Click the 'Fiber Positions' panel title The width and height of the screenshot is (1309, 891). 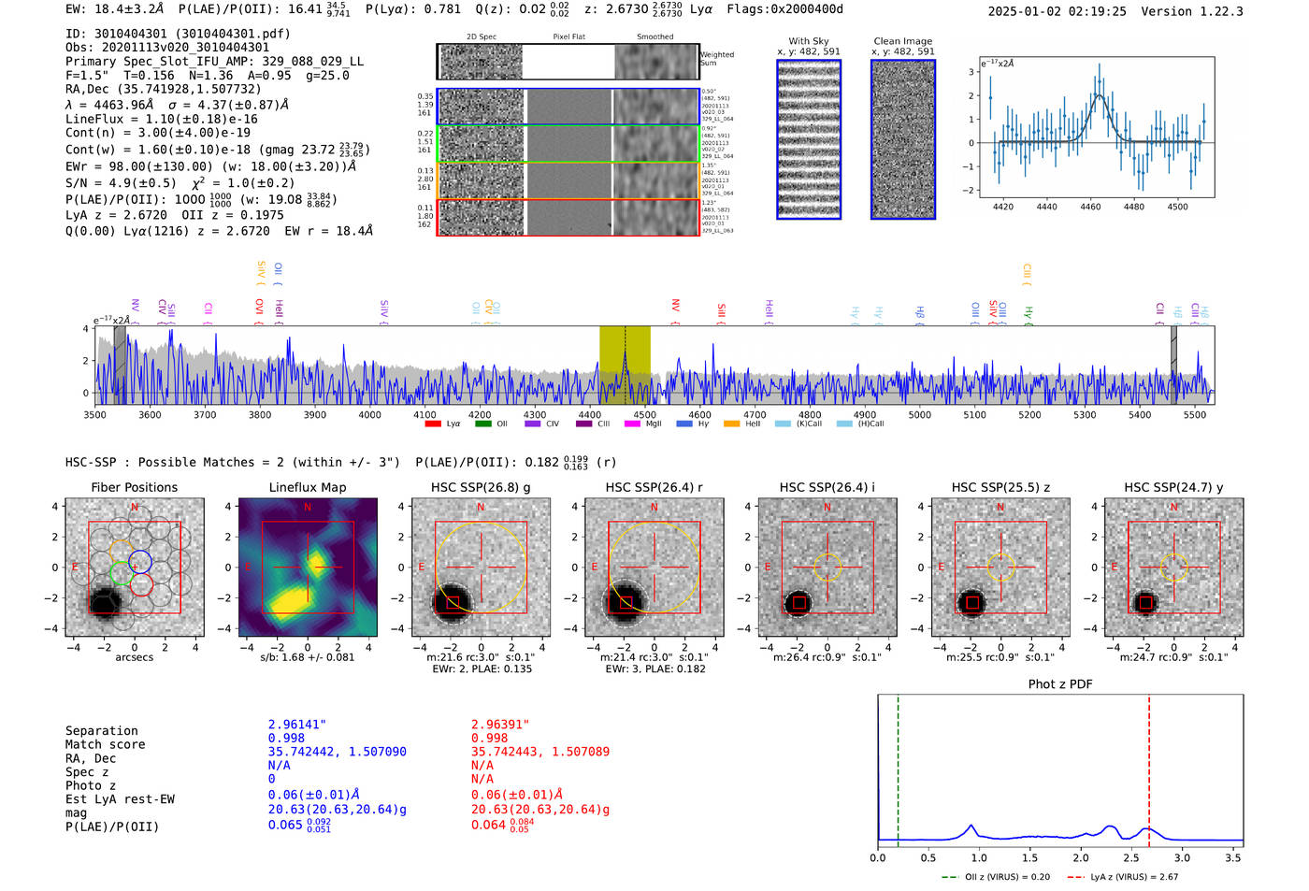pyautogui.click(x=134, y=487)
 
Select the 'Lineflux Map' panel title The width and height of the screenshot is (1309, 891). pyautogui.click(x=307, y=487)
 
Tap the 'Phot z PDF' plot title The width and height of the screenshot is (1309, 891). pyautogui.click(x=1059, y=683)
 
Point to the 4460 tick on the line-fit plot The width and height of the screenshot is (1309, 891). pyautogui.click(x=1090, y=206)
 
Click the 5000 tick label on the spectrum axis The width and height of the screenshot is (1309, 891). pyautogui.click(x=919, y=414)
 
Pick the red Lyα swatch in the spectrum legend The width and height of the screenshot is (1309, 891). pyautogui.click(x=433, y=424)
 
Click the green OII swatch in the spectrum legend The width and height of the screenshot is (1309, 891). pyautogui.click(x=483, y=424)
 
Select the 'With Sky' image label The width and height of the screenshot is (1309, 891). pyautogui.click(x=808, y=41)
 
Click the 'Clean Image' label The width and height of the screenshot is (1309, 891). pyautogui.click(x=902, y=41)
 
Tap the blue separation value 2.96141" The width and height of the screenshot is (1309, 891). pyautogui.click(x=297, y=725)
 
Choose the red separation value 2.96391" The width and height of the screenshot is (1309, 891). pyautogui.click(x=500, y=725)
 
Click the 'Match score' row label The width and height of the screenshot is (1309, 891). pyautogui.click(x=105, y=744)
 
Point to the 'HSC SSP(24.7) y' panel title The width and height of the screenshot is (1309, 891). pyautogui.click(x=1173, y=487)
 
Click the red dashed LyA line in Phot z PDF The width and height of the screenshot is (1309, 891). pyautogui.click(x=1149, y=767)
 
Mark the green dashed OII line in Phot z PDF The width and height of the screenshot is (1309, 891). pyautogui.click(x=898, y=767)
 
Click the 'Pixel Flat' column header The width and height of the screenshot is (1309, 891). pyautogui.click(x=568, y=37)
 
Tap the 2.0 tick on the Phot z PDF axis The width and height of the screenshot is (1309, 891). pyautogui.click(x=1081, y=857)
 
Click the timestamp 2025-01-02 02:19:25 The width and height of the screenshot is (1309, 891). pyautogui.click(x=1057, y=11)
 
